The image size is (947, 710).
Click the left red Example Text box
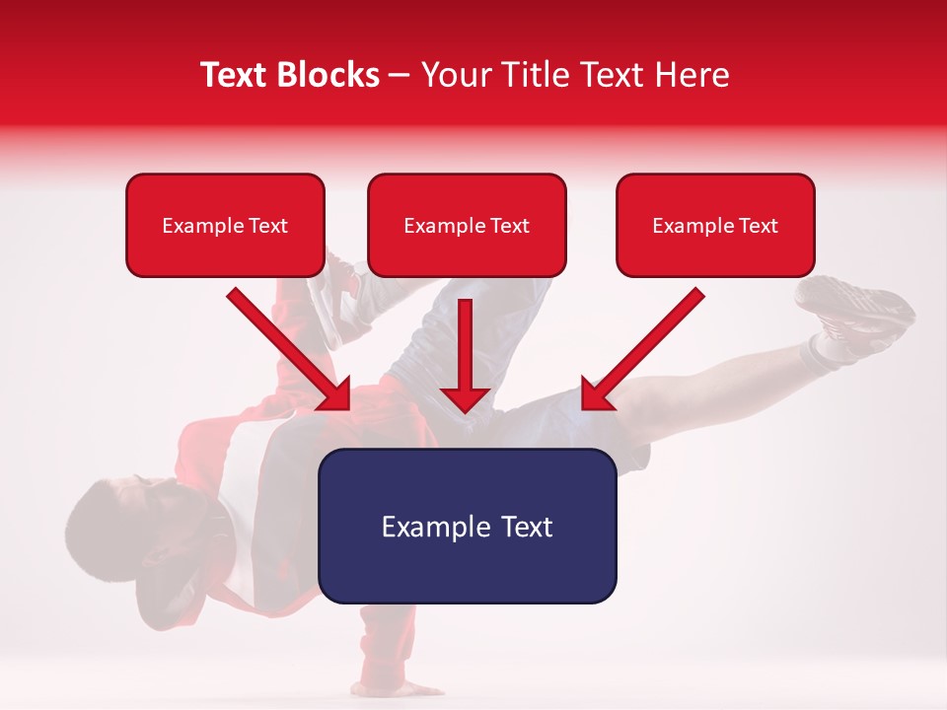pyautogui.click(x=225, y=226)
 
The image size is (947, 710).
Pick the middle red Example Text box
pyautogui.click(x=467, y=226)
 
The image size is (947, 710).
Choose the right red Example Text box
pyautogui.click(x=715, y=226)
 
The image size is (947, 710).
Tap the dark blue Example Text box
pyautogui.click(x=467, y=527)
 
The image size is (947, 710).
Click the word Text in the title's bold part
pyautogui.click(x=236, y=75)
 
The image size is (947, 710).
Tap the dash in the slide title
pyautogui.click(x=400, y=76)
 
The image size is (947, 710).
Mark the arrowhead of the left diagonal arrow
pyautogui.click(x=336, y=394)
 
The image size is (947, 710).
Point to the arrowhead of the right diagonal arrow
pyautogui.click(x=596, y=394)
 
